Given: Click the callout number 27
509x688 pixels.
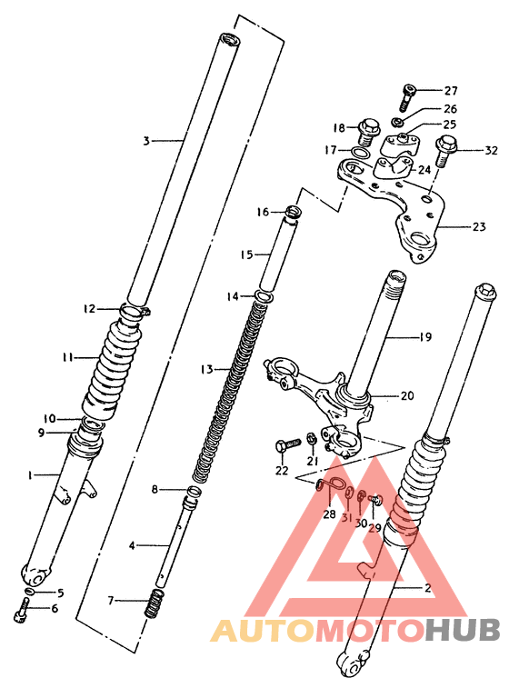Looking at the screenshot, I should click(452, 90).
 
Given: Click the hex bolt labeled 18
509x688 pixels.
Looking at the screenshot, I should click(368, 130).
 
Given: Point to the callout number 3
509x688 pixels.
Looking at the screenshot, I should click(145, 141).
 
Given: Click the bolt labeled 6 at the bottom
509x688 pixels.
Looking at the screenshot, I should click(21, 614).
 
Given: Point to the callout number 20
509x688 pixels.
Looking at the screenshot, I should click(406, 395).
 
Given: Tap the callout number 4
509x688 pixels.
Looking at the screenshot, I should click(132, 545).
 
